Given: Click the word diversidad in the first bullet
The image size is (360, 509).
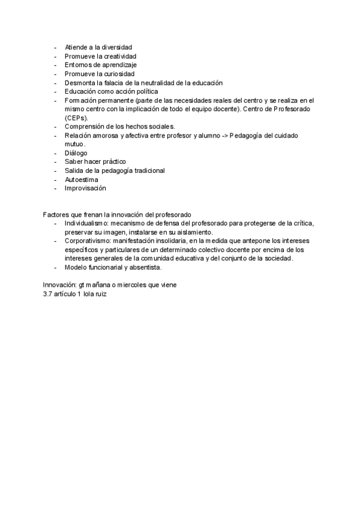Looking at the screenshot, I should [x=116, y=47].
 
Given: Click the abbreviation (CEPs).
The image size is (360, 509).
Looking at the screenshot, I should [x=76, y=118].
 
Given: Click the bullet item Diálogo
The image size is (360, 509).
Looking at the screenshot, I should [x=76, y=153].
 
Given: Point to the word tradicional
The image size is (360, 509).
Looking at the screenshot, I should [x=143, y=170].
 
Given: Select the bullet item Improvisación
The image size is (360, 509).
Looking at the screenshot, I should [x=85, y=188].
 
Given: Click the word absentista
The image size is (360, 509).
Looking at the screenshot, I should [x=145, y=267].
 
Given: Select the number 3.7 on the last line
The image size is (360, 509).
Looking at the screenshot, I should [x=48, y=294].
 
